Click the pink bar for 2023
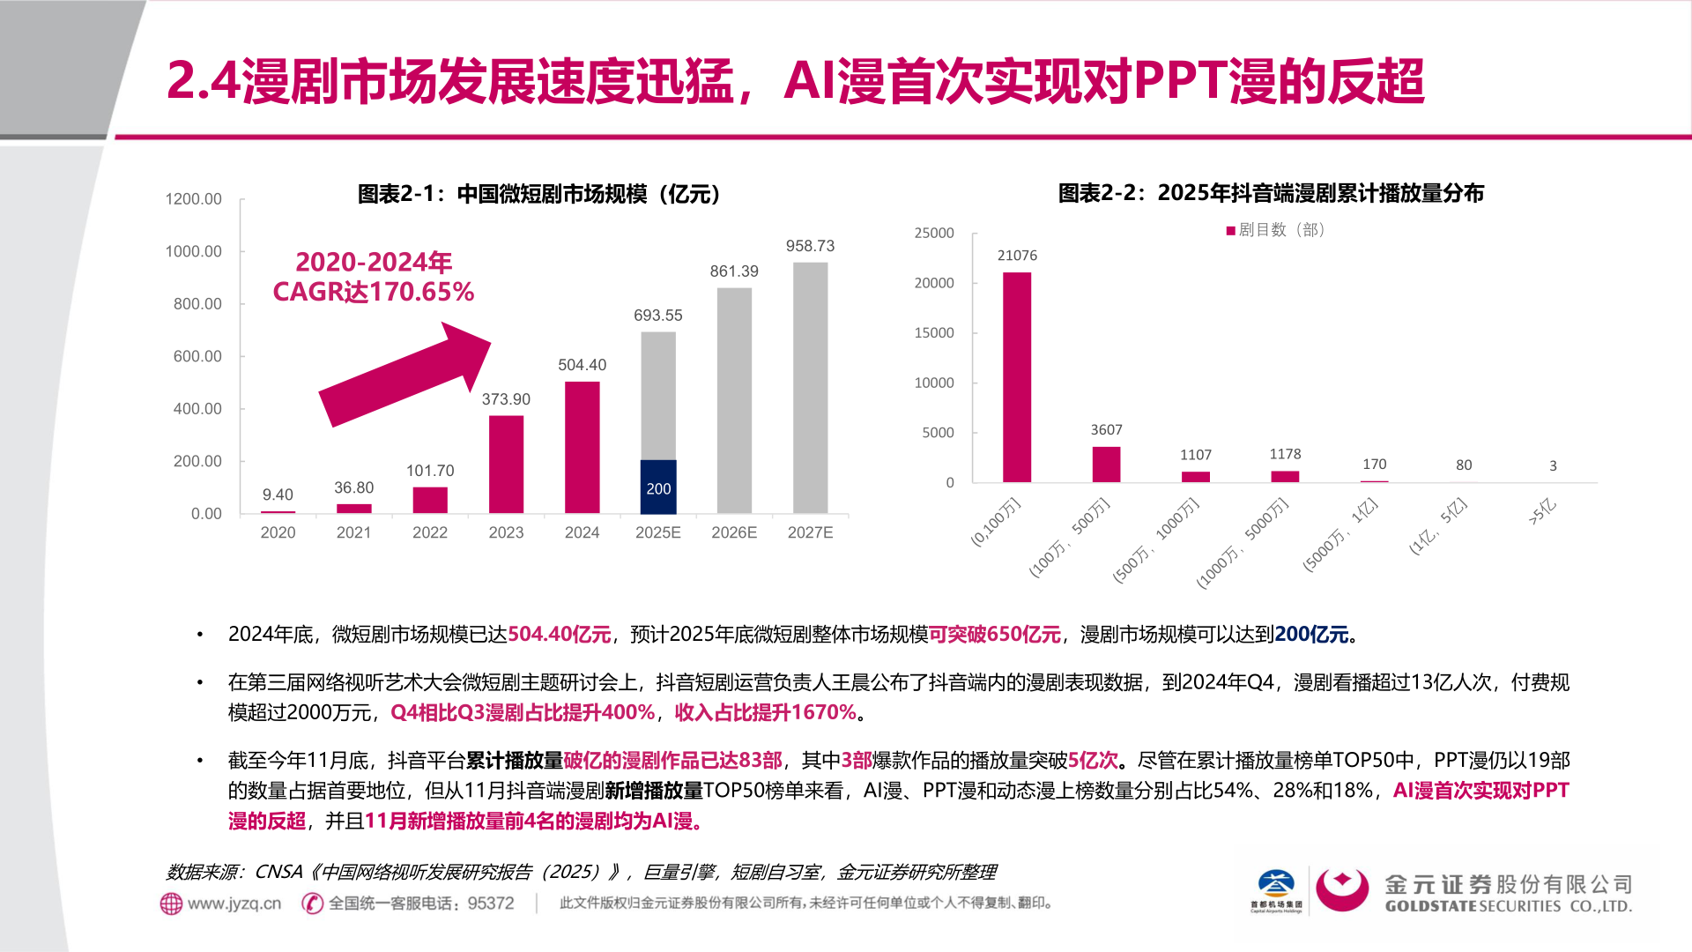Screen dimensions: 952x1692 [x=506, y=465]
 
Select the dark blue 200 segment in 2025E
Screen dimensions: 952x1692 [x=658, y=487]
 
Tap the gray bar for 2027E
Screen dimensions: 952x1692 [x=810, y=388]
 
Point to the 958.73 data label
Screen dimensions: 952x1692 [x=810, y=246]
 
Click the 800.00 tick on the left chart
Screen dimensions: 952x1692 [x=197, y=304]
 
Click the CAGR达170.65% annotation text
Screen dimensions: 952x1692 [x=374, y=292]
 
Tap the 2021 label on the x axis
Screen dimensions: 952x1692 [x=353, y=532]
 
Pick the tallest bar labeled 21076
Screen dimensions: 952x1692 [x=1017, y=377]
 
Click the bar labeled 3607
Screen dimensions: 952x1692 [x=1106, y=465]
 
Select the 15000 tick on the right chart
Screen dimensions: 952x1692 [x=934, y=333]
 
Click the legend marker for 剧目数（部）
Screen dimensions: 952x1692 [x=1230, y=231]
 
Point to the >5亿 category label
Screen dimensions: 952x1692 [x=1542, y=512]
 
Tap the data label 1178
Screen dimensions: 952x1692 [x=1285, y=454]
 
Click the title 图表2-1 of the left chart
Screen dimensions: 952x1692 [x=539, y=194]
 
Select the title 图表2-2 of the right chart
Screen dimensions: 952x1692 [x=1271, y=193]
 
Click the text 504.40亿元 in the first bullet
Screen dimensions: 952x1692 [x=559, y=635]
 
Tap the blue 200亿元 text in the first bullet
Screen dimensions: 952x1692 [x=1311, y=635]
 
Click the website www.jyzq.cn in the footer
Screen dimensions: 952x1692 [x=234, y=904]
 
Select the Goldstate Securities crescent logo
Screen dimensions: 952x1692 [x=1341, y=890]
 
